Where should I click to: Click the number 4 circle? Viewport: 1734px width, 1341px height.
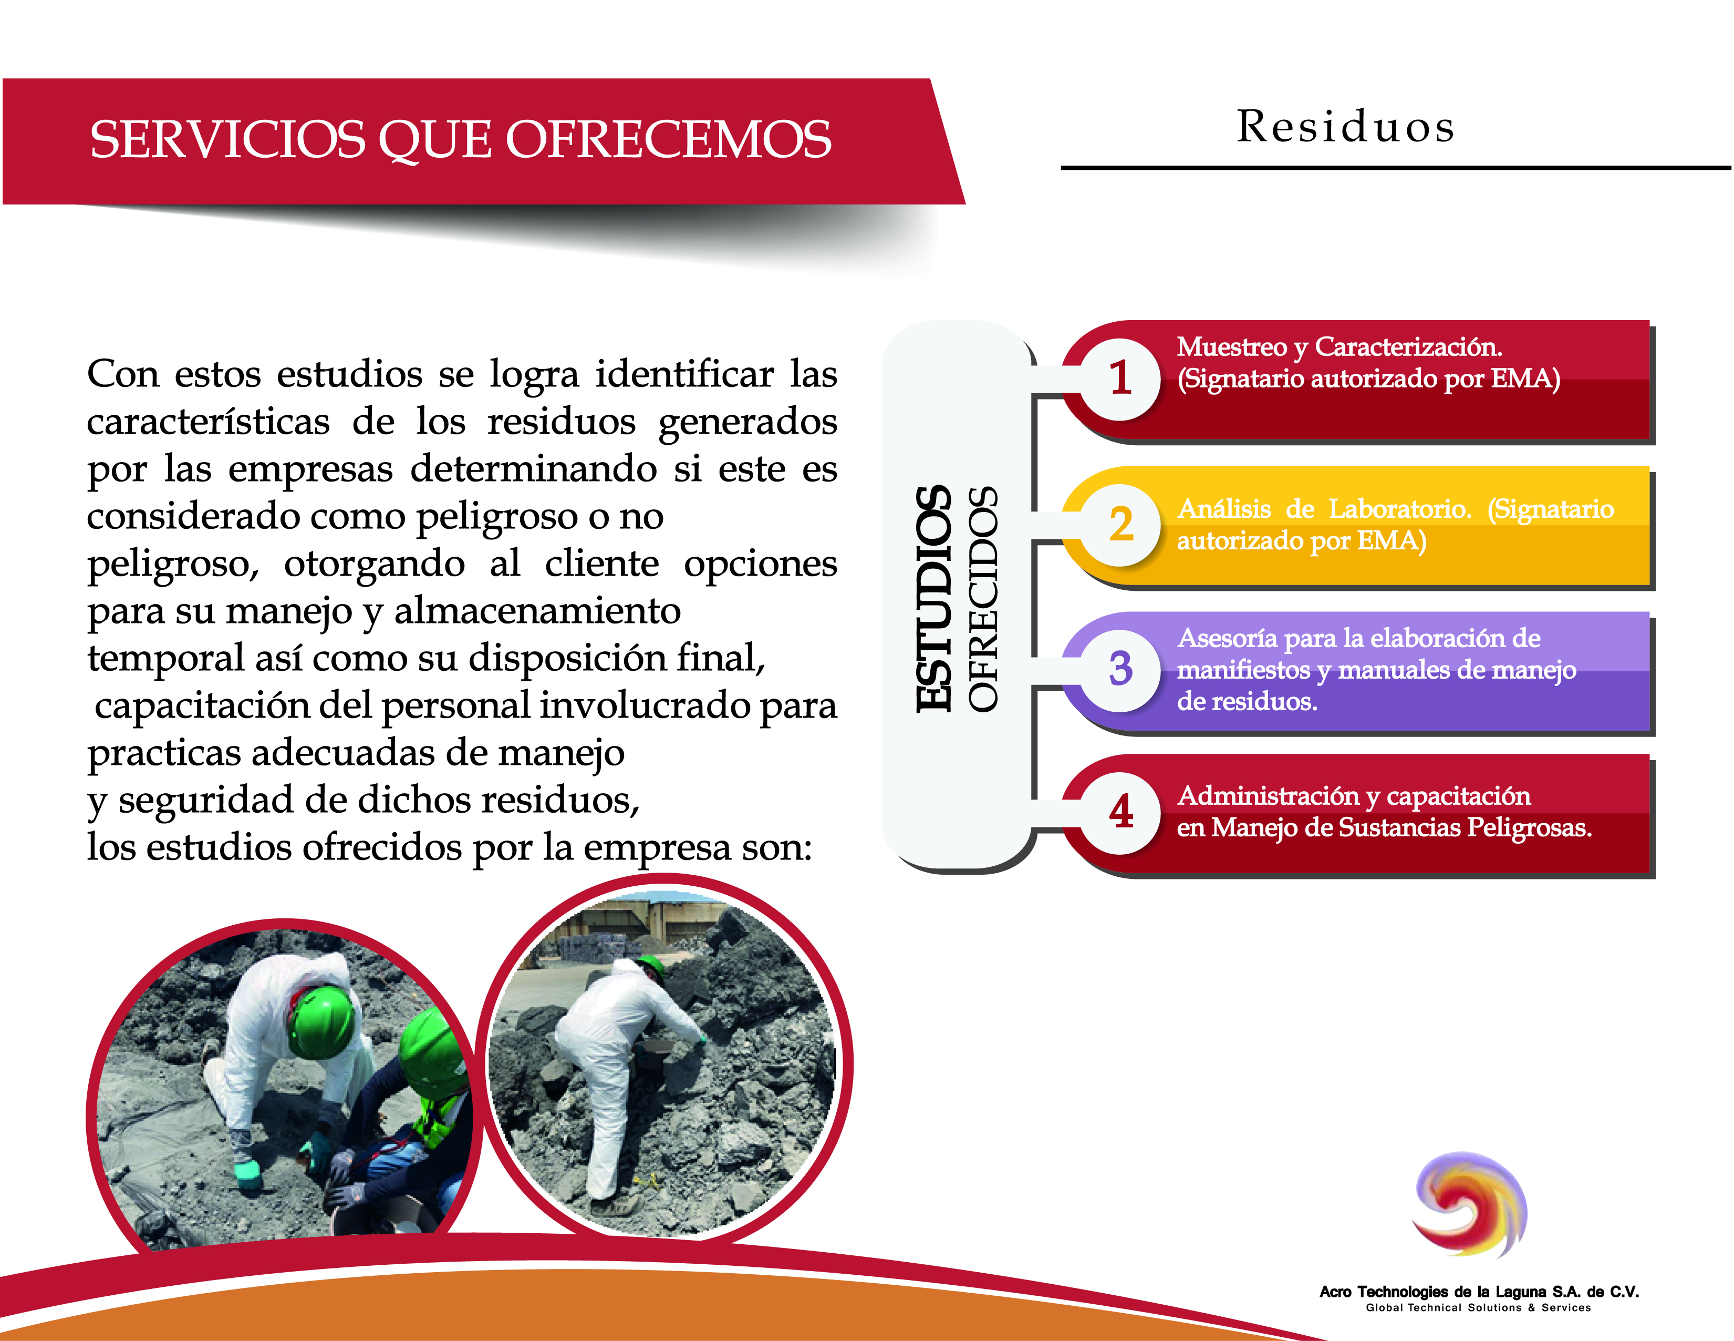click(x=1120, y=813)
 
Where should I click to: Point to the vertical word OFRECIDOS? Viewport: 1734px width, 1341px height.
click(x=983, y=598)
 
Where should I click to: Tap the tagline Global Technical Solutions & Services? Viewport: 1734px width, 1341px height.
click(x=1478, y=1308)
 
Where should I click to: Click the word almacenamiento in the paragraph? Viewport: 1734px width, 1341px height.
click(x=537, y=611)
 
